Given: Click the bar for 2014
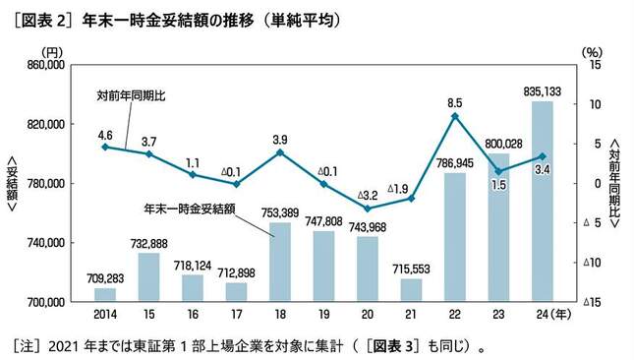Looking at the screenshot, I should (x=105, y=294).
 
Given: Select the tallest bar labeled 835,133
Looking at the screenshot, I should (x=542, y=202).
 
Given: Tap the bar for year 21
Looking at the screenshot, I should (x=411, y=290).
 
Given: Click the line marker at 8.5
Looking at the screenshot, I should (x=455, y=116).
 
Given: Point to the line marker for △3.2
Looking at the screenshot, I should (x=368, y=209).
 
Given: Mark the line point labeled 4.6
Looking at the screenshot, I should (x=105, y=147).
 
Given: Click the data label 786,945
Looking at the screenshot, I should (x=454, y=163).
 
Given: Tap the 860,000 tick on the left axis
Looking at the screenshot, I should (x=44, y=65).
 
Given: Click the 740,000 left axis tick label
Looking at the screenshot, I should (x=44, y=243).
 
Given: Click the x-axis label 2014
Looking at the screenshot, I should (x=105, y=316).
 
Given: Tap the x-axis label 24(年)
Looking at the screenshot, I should (x=547, y=316).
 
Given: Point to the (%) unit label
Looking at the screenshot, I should (x=590, y=50).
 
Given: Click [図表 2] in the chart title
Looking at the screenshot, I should (x=38, y=19).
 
